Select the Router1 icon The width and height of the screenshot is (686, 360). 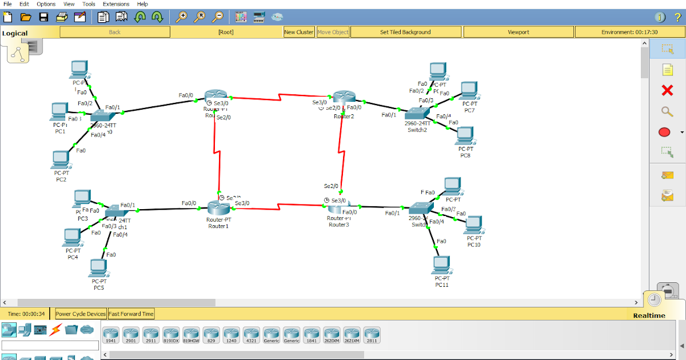pos(218,209)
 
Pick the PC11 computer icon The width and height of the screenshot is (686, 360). pos(441,265)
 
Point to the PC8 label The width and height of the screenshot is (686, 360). pos(466,155)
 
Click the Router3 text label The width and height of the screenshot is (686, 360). pos(338,225)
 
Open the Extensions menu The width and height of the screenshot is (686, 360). pos(115,4)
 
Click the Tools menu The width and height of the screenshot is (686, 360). pos(89,4)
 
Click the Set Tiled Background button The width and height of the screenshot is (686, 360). pos(405,32)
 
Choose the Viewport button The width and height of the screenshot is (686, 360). pos(519,32)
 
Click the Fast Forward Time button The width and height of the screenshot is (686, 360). pos(131,314)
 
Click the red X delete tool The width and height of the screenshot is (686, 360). pos(667,90)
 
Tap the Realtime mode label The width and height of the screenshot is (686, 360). pos(649,315)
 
